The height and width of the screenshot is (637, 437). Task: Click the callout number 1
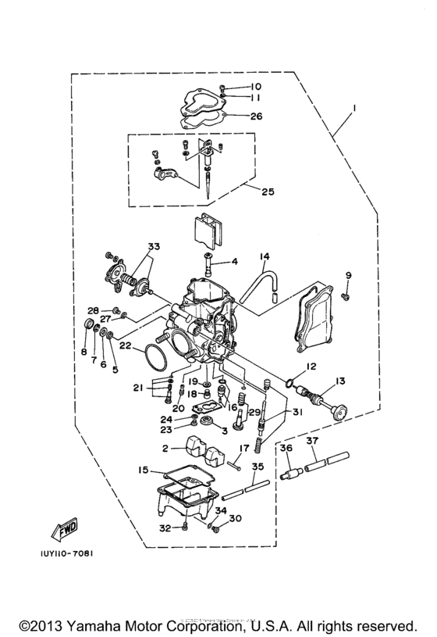(x=354, y=106)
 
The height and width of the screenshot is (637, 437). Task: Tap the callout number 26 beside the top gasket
(x=257, y=116)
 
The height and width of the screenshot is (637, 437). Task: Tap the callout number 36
(x=286, y=448)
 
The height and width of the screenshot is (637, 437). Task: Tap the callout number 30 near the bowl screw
(x=236, y=518)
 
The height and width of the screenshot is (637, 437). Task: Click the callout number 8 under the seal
(x=83, y=352)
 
